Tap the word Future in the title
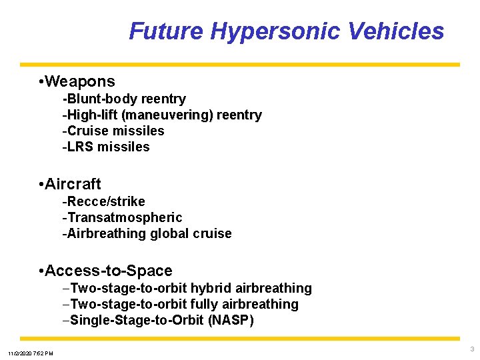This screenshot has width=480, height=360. coord(166,31)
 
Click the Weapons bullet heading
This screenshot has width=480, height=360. coord(81,82)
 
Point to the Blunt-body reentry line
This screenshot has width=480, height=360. coord(124,99)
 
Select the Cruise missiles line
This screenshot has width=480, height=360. coord(113,131)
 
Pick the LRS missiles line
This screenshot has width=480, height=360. coord(106,147)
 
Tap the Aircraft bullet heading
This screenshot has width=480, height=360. coord(73,184)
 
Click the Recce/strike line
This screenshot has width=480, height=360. coord(103,201)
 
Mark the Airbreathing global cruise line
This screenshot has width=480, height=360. coord(147,234)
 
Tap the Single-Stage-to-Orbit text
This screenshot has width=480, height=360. coord(137,320)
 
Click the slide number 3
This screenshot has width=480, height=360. coord(471,349)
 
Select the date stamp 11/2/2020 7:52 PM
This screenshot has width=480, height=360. coord(31,353)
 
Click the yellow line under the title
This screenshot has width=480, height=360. coord(240,65)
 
